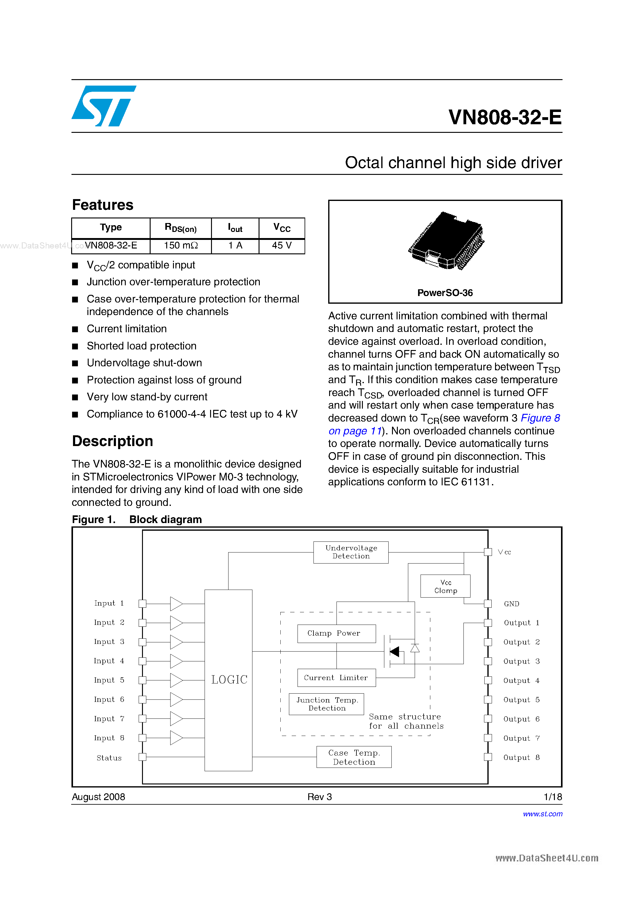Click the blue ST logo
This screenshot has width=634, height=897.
click(103, 106)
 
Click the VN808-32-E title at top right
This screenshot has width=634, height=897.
click(505, 117)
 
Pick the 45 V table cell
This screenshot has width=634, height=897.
click(282, 245)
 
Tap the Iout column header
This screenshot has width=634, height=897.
click(235, 228)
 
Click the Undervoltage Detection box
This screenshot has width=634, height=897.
click(351, 552)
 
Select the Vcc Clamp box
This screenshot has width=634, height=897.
click(445, 586)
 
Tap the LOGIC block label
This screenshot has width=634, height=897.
click(229, 680)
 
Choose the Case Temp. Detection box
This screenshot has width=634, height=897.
click(354, 757)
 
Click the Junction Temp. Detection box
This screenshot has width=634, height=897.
click(327, 704)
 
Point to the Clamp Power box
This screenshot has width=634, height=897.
click(336, 633)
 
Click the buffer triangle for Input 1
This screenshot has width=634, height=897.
click(176, 604)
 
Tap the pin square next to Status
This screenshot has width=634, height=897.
click(143, 757)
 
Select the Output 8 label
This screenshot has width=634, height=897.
click(521, 757)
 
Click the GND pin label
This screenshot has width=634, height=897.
click(511, 604)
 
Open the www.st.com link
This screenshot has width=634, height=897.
click(542, 814)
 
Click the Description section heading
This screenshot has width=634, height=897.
click(113, 441)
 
